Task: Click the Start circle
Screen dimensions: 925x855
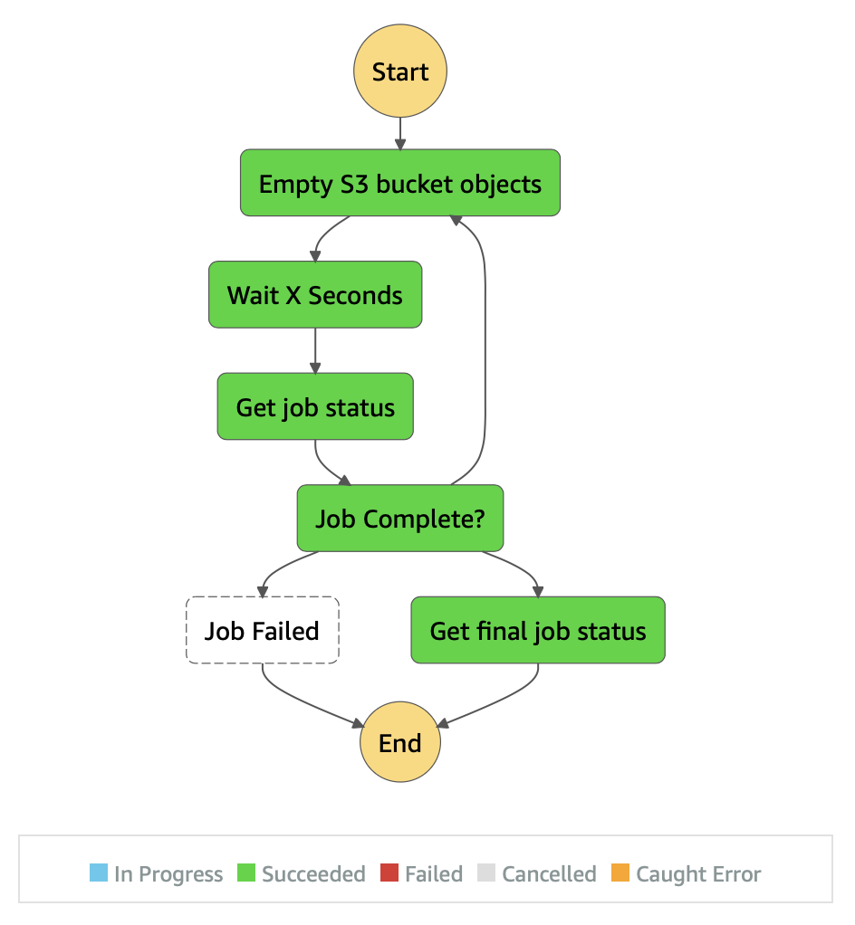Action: pyautogui.click(x=399, y=72)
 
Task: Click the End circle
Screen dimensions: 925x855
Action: pyautogui.click(x=399, y=743)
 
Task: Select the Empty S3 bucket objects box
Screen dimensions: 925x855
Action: pyautogui.click(x=399, y=183)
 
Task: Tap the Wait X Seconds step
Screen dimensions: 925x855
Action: pyautogui.click(x=315, y=295)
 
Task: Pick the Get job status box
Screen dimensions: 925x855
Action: pyautogui.click(x=315, y=406)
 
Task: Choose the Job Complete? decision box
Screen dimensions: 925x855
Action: pyautogui.click(x=399, y=519)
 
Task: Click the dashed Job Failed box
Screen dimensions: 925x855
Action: pyautogui.click(x=262, y=631)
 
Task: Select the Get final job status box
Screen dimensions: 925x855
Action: pyautogui.click(x=538, y=631)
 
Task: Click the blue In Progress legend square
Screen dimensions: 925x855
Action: pyautogui.click(x=99, y=873)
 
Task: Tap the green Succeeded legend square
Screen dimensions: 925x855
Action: pyautogui.click(x=246, y=873)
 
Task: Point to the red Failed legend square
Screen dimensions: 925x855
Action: pyautogui.click(x=389, y=873)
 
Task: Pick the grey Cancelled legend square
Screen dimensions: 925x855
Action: pyautogui.click(x=486, y=873)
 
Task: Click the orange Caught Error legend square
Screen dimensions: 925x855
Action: pyautogui.click(x=620, y=873)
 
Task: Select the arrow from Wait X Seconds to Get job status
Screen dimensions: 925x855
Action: pyautogui.click(x=315, y=350)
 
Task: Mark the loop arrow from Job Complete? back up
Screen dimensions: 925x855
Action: pyautogui.click(x=485, y=344)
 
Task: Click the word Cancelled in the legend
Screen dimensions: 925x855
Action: pyautogui.click(x=549, y=874)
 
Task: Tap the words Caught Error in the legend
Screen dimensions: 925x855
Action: pyautogui.click(x=698, y=874)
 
